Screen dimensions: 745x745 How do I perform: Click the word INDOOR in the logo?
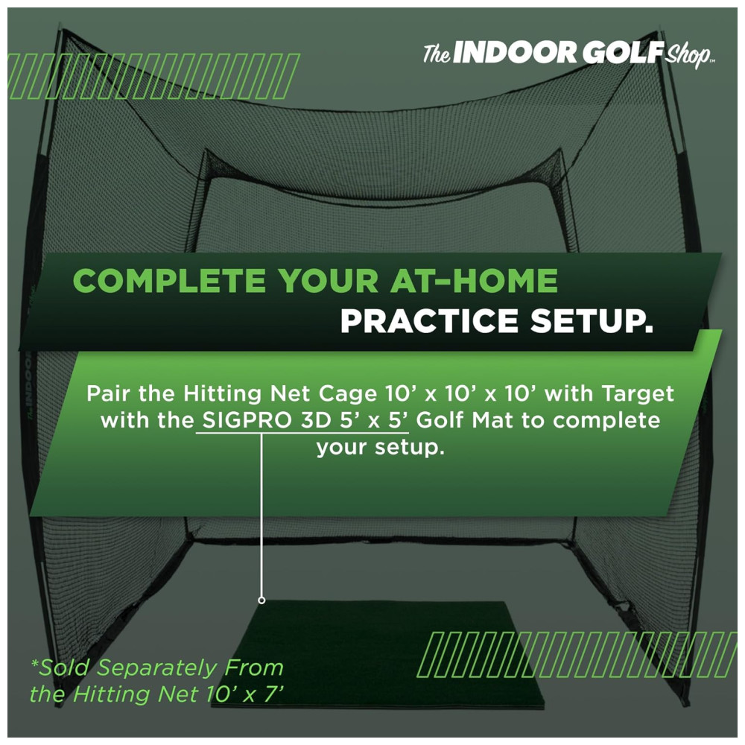click(515, 53)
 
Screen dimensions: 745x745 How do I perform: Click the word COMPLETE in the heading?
click(169, 280)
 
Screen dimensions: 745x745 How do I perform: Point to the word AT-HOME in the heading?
click(474, 280)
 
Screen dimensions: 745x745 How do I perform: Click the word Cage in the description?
click(348, 394)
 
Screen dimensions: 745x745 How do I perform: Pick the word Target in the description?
click(638, 394)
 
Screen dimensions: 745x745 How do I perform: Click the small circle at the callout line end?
click(261, 600)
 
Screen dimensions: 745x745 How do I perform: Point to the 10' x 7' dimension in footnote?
click(244, 694)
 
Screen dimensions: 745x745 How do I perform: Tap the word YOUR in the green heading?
click(328, 280)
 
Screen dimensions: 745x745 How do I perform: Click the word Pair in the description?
click(109, 394)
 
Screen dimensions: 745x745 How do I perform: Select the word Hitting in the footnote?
click(112, 694)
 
